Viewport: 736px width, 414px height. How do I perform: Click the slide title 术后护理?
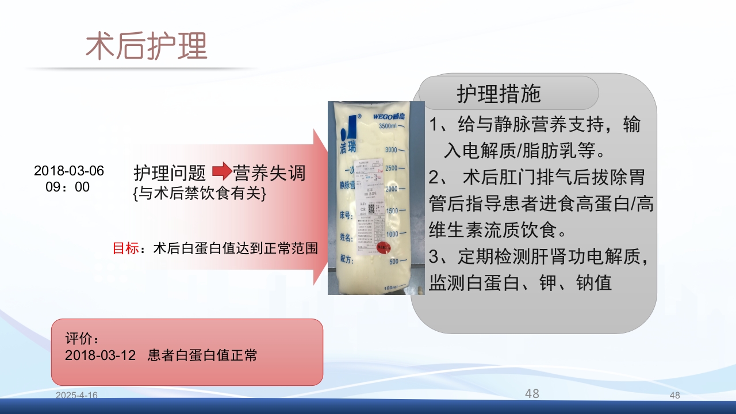tap(146, 46)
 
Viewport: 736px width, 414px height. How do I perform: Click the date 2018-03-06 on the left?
tap(69, 171)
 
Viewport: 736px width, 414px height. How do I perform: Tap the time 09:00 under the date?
tap(68, 187)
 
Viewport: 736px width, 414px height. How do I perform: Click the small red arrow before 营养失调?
tap(221, 171)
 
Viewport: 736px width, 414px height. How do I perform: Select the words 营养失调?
tap(269, 172)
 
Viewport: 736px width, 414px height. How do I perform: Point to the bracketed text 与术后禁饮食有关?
tap(199, 194)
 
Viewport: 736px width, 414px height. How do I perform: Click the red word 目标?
tap(125, 248)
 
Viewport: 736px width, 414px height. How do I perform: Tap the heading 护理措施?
tap(499, 93)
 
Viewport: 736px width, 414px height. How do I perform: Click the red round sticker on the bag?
tap(382, 248)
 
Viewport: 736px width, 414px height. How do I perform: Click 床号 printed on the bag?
tap(346, 216)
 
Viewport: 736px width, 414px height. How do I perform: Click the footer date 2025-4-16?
tap(76, 395)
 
